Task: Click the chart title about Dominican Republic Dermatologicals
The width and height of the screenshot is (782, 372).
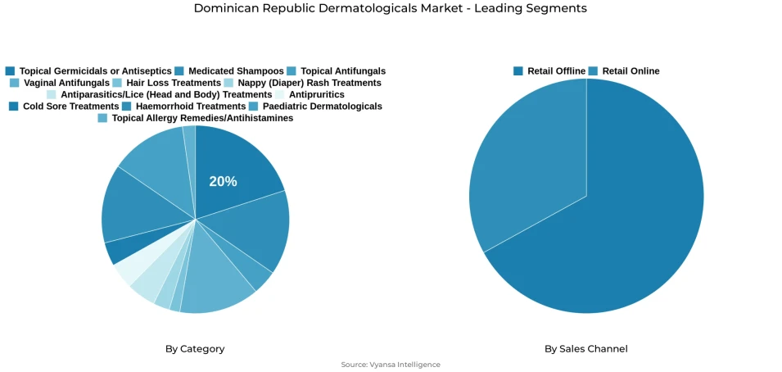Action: [x=391, y=8]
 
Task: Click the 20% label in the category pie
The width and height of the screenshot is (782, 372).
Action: [x=223, y=181]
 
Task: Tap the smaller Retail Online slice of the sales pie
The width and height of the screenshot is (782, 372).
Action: [x=524, y=164]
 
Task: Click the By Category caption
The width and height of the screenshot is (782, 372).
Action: [x=195, y=349]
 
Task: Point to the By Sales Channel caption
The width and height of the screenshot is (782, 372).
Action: [x=586, y=349]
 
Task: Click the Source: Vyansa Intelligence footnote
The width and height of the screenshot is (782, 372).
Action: [x=391, y=365]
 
